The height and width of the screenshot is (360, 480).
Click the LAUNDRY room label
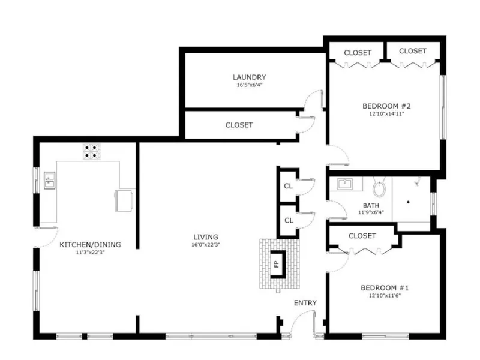click(249, 77)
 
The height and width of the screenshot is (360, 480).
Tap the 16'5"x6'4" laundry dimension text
click(250, 85)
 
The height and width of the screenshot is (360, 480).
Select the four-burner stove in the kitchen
click(92, 151)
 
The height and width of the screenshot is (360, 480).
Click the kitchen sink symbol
click(50, 181)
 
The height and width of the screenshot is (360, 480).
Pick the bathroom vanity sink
click(345, 184)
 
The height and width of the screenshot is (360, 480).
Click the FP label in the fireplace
click(277, 264)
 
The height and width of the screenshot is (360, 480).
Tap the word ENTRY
click(305, 303)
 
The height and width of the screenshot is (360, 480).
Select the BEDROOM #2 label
click(386, 106)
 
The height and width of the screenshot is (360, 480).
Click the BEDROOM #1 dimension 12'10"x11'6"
click(385, 296)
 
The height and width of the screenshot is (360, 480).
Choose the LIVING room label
click(206, 237)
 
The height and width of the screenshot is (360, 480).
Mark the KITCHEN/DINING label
click(90, 245)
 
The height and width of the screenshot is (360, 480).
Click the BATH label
click(371, 205)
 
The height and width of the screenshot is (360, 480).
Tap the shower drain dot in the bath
click(408, 202)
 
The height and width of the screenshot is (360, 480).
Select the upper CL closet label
click(289, 186)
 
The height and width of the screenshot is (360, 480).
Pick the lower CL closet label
click(289, 220)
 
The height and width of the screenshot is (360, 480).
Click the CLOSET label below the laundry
click(239, 125)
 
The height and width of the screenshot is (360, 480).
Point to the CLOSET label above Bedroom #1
click(362, 236)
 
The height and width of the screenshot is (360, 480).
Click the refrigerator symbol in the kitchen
click(124, 200)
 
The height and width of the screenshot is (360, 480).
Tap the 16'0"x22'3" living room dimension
click(206, 245)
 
